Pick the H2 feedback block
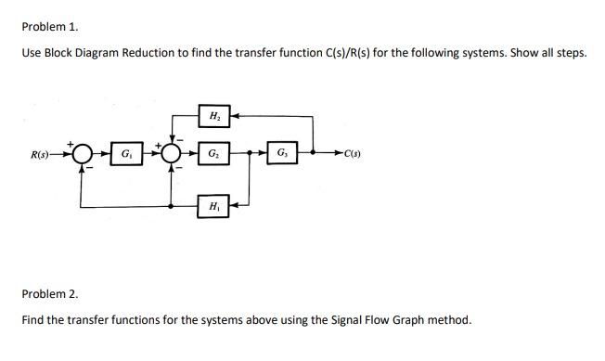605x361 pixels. (214, 117)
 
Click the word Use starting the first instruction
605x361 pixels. (31, 53)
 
